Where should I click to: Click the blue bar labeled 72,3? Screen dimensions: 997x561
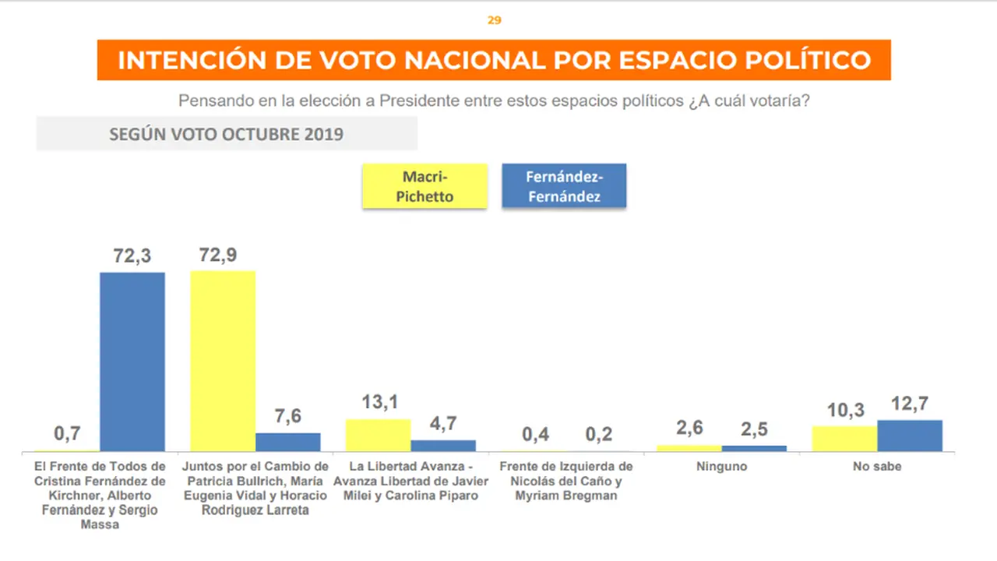[x=132, y=362]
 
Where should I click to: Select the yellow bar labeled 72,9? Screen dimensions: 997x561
[x=223, y=361]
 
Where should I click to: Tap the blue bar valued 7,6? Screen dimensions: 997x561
[x=288, y=442]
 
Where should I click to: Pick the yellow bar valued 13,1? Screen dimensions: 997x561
[x=379, y=435]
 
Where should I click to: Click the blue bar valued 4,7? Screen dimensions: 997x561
[x=443, y=446]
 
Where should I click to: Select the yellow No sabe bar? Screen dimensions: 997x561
[x=845, y=439]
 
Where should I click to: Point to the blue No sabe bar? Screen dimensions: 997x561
[x=910, y=436]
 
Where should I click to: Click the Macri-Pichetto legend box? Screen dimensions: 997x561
[x=425, y=186]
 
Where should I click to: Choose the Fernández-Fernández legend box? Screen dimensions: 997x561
[x=564, y=185]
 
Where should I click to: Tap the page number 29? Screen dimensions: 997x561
[x=495, y=20]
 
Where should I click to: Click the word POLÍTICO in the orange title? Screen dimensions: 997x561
[x=808, y=60]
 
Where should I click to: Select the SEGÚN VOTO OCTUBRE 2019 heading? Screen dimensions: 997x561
[x=227, y=134]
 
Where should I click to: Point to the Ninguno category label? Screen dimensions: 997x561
[x=721, y=466]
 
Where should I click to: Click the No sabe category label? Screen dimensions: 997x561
[x=877, y=466]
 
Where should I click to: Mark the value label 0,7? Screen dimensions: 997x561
[x=67, y=433]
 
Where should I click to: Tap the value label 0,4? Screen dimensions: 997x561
[x=535, y=434]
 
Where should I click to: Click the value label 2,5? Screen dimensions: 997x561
[x=755, y=429]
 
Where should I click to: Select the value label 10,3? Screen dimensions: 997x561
[x=846, y=410]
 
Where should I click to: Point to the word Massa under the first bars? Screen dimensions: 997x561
[x=100, y=524]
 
